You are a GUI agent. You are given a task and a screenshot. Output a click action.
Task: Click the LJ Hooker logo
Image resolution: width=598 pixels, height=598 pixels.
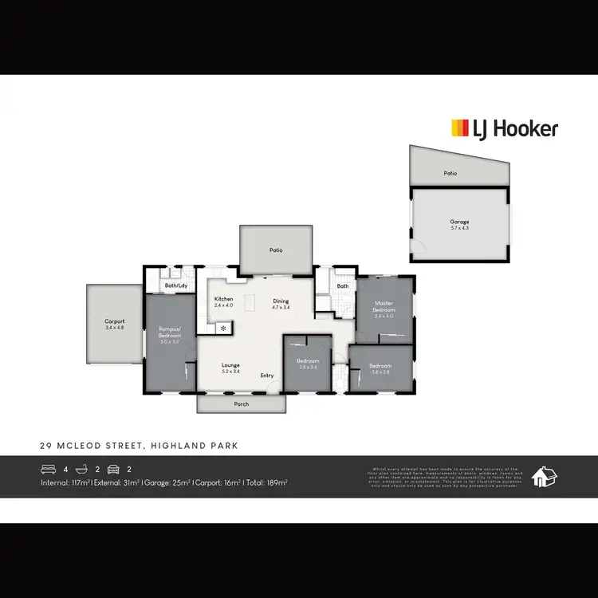[x=505, y=128]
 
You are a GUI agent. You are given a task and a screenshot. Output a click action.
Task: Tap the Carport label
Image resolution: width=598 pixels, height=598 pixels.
[x=114, y=321]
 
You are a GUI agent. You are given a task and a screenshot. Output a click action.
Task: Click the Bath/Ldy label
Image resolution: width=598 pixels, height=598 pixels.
[x=176, y=285]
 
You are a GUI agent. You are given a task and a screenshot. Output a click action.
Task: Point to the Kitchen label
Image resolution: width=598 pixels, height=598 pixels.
[x=224, y=300]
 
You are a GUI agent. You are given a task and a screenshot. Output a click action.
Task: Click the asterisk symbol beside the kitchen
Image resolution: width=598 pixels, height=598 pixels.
[x=223, y=328]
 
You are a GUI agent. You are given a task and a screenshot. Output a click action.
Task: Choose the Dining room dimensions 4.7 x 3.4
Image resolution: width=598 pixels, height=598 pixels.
[x=281, y=307]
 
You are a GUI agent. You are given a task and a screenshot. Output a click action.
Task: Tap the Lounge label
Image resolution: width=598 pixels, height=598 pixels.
[x=230, y=365]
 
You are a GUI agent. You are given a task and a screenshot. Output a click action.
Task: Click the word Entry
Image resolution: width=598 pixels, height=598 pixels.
[x=266, y=376]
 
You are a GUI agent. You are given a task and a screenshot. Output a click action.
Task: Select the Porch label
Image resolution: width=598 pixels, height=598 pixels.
[x=242, y=404]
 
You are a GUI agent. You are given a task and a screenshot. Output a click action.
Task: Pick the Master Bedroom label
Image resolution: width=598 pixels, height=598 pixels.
[x=384, y=305]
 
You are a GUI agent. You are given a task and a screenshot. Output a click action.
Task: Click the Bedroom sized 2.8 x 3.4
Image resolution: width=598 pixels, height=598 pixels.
[x=308, y=364]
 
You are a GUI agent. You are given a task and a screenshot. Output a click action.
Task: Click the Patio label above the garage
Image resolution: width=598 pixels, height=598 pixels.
[x=450, y=173]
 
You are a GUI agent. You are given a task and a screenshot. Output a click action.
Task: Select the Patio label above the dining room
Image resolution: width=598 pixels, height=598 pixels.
[x=275, y=250]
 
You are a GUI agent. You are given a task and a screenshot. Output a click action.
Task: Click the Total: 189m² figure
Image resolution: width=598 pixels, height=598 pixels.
[x=267, y=483]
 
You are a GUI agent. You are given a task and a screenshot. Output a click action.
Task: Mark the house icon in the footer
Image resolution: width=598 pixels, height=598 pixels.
[x=545, y=476]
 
